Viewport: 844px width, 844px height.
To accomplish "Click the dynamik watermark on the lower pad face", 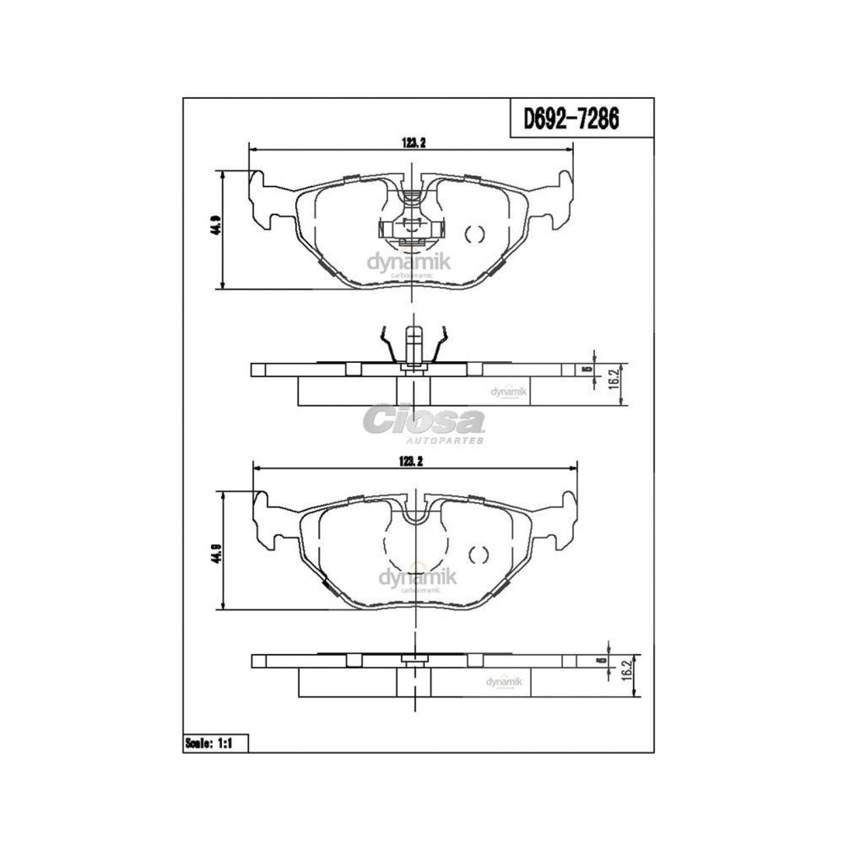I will click(417, 578).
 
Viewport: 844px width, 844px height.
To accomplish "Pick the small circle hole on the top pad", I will click(474, 234).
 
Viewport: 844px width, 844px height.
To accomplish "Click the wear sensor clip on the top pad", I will click(412, 229).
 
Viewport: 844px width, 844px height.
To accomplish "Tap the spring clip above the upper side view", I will click(414, 346).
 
